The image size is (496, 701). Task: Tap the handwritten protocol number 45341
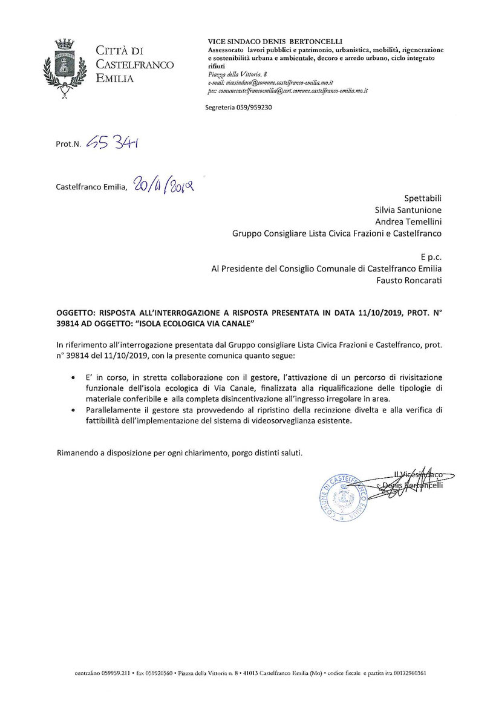click(x=114, y=143)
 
